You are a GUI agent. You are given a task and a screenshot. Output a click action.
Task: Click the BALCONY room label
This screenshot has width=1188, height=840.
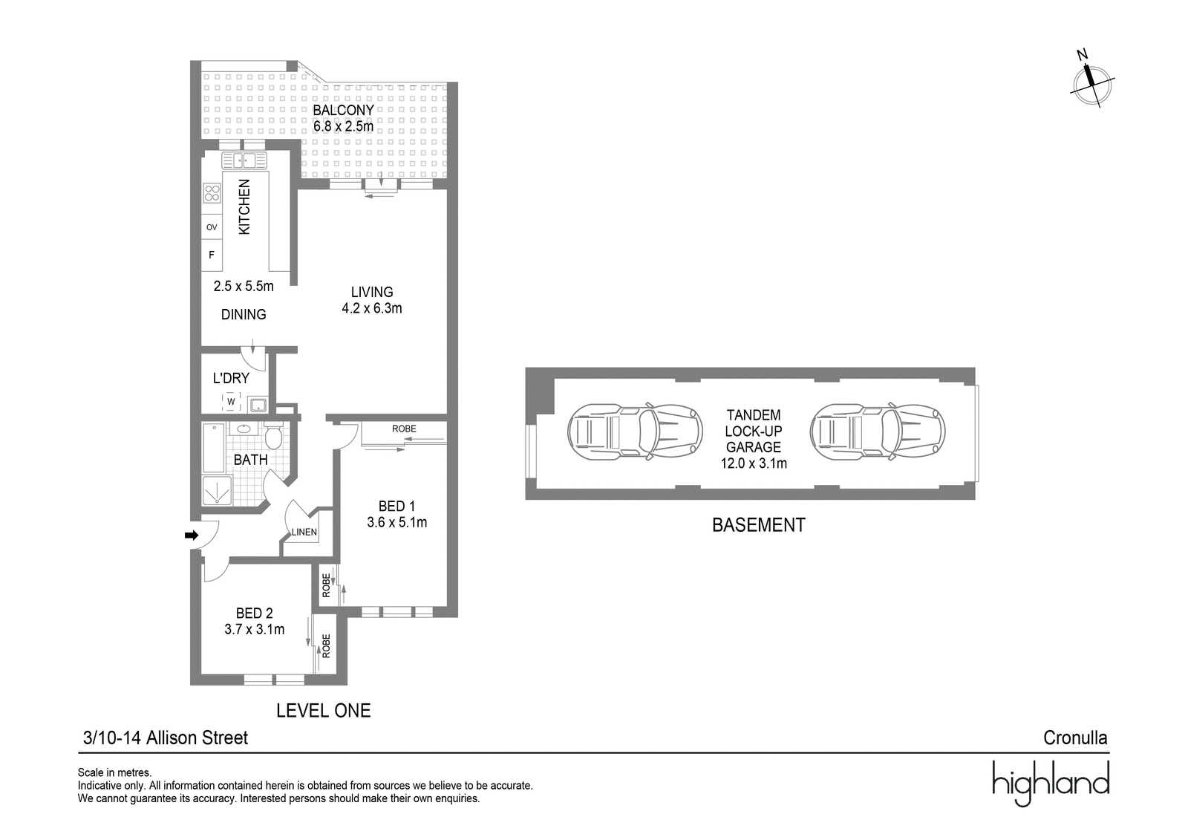343,110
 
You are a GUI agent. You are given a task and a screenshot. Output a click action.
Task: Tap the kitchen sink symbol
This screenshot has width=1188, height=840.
244,160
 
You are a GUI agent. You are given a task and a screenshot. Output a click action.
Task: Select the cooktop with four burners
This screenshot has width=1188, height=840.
212,192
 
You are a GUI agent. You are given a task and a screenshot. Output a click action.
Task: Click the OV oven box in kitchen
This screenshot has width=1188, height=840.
212,227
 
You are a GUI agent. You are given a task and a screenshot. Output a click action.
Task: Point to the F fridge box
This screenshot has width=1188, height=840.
212,255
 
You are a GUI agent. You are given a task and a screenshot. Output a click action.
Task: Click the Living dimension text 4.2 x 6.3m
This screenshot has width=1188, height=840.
372,308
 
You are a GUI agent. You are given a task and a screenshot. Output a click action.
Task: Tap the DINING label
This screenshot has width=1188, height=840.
244,315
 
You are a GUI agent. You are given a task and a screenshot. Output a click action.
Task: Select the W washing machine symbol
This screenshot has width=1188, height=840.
231,402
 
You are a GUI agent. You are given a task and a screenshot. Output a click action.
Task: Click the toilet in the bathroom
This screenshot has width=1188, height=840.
273,436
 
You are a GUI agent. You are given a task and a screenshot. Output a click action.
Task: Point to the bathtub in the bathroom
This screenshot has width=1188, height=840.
214,448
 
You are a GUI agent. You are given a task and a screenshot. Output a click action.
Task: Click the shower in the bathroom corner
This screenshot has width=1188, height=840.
217,490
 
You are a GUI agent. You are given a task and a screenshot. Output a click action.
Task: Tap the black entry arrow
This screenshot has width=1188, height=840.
191,535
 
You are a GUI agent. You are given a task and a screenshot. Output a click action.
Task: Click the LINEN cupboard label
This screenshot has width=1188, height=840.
304,533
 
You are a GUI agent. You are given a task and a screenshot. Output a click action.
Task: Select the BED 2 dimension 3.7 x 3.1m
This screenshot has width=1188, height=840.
255,630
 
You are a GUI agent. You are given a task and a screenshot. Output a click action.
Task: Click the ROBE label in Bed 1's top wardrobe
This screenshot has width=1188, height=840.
404,429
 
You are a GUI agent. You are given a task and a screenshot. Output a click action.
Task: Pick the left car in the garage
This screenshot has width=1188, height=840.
635,432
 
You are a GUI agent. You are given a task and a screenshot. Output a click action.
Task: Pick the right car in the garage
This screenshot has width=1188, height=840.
877,432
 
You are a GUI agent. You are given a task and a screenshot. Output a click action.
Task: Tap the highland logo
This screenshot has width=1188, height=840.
1051,784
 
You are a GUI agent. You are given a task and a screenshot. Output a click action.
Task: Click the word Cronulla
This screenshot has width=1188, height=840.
1075,738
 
